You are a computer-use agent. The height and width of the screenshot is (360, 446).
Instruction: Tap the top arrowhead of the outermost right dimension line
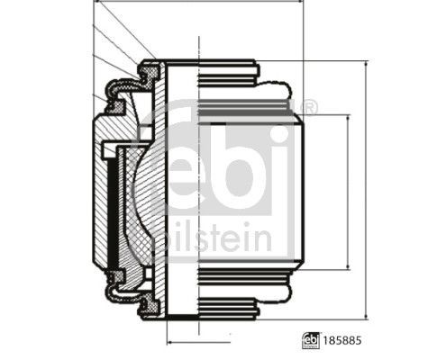click(365, 64)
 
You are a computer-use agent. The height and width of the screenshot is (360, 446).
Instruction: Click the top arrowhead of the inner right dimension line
click(348, 118)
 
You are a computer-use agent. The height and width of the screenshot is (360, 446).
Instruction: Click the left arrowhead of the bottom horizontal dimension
click(170, 343)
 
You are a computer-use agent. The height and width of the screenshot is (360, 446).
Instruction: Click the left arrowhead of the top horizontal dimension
click(96, 4)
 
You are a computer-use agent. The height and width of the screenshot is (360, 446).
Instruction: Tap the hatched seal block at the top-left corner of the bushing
click(150, 69)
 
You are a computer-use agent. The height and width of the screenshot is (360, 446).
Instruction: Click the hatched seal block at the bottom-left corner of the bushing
click(150, 308)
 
